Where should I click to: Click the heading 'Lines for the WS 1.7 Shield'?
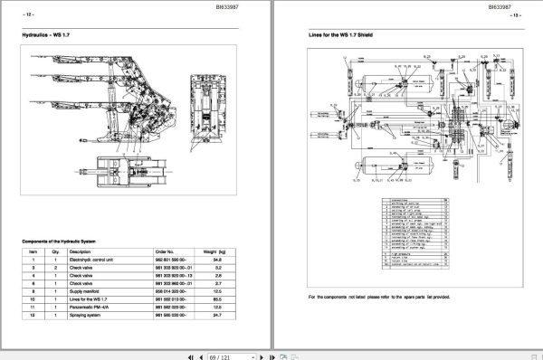(x=341, y=35)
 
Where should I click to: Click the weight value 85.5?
(x=217, y=298)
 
